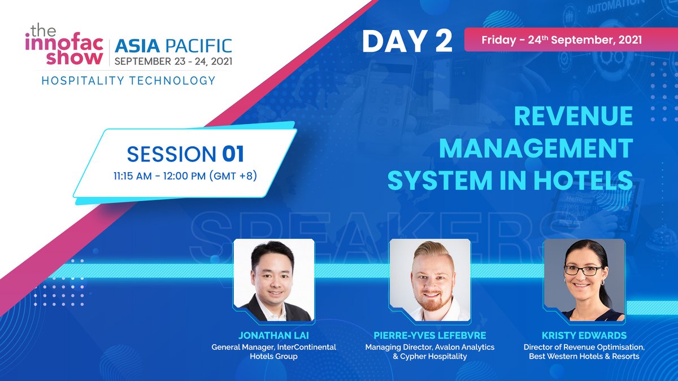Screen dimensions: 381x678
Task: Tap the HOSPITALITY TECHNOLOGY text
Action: coord(128,80)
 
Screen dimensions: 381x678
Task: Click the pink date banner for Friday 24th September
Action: coord(561,41)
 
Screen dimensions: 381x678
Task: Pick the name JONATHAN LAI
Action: coord(273,336)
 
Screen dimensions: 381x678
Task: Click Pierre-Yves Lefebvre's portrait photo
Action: coord(429,280)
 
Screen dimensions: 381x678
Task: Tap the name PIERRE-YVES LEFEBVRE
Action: coord(429,336)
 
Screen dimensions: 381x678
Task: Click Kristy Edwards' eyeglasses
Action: coord(583,270)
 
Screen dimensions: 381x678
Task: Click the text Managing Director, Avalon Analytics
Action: coord(429,347)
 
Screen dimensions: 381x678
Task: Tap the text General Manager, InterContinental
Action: coord(273,347)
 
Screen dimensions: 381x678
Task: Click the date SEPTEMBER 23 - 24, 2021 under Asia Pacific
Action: coord(173,60)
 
